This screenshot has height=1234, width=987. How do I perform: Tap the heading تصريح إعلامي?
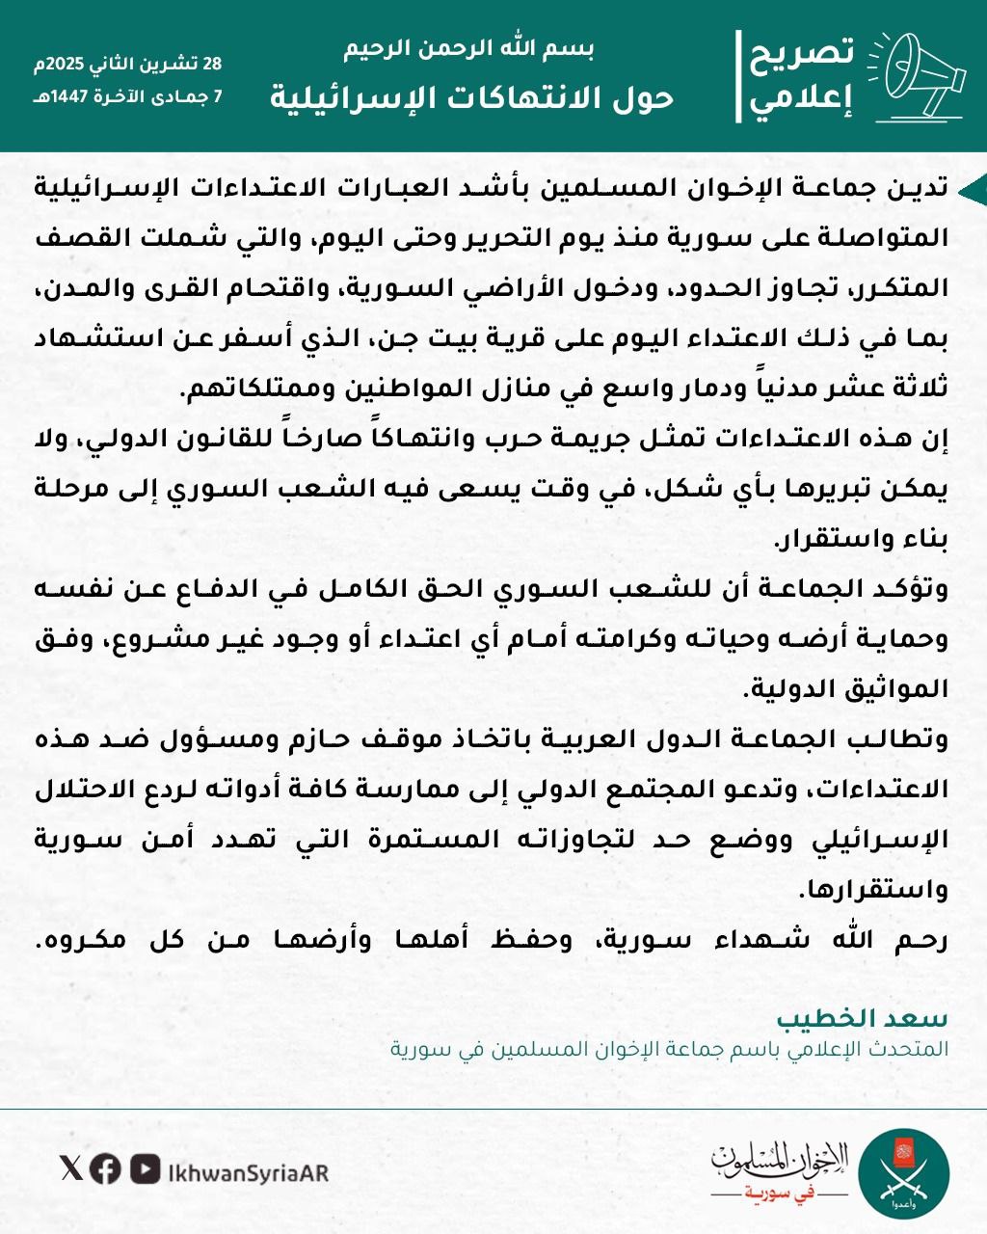pos(802,76)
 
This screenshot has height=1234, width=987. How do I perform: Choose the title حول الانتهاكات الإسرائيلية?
pos(469,97)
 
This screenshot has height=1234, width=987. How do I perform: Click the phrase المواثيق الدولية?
pos(846,690)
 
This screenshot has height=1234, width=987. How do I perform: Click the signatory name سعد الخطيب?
pos(862,1019)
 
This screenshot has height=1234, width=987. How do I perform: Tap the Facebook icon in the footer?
pos(105,1169)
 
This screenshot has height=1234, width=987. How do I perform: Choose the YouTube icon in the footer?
pos(145,1169)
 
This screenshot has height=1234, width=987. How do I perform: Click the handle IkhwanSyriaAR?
pos(248,1171)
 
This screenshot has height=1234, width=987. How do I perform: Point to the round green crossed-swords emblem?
pos(903,1174)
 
